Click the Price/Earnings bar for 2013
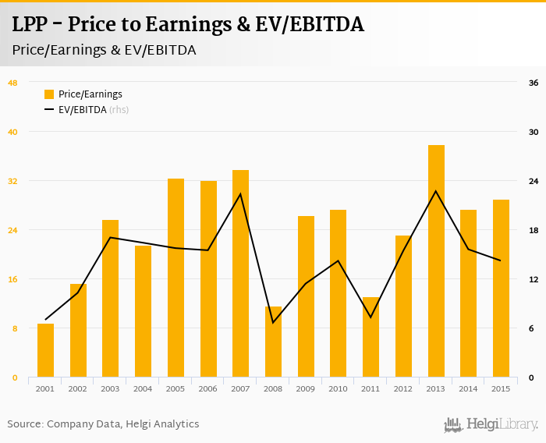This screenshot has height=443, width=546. (436, 261)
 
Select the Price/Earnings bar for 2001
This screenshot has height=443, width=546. (45, 351)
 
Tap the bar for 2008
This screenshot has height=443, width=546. (273, 342)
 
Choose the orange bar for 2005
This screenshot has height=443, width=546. (175, 278)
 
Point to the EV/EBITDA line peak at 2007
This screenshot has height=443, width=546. (240, 193)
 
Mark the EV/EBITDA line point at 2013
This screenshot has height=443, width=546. (436, 191)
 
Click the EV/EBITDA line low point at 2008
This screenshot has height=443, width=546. (273, 322)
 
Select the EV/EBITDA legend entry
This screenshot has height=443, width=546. (82, 110)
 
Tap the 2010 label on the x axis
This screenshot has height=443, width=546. (338, 388)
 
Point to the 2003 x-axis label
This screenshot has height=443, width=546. (110, 388)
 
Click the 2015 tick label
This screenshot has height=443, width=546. (501, 388)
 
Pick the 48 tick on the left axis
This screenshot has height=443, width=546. (12, 83)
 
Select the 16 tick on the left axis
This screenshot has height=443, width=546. (12, 279)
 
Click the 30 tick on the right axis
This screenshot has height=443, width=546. (534, 132)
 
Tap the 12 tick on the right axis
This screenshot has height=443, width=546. (534, 279)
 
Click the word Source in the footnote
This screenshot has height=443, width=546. (24, 424)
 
